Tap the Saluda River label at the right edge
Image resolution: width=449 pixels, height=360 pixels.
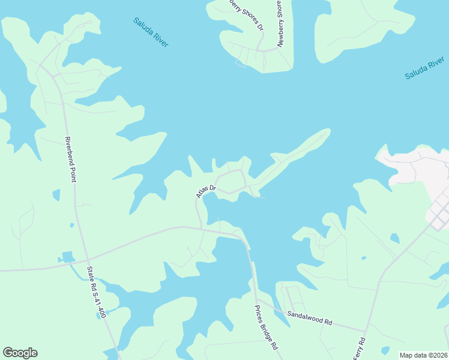424,68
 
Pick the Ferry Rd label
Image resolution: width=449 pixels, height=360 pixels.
362,348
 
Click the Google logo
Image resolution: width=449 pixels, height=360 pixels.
20,353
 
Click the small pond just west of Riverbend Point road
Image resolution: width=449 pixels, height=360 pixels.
56,195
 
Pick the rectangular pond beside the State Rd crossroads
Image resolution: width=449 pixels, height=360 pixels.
67,257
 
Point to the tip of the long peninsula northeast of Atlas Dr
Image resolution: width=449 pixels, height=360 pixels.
328,130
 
